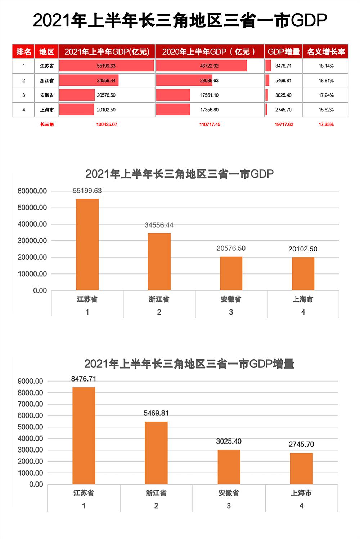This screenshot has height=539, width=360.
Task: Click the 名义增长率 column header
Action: click(x=326, y=52)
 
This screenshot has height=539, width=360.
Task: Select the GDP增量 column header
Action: click(x=284, y=52)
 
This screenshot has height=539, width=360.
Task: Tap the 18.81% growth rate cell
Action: click(x=326, y=81)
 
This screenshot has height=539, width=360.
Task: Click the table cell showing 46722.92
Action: click(x=209, y=66)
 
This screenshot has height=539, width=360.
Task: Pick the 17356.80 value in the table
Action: click(x=209, y=110)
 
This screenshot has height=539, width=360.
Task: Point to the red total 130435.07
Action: click(x=107, y=125)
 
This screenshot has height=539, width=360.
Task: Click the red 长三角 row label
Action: click(x=47, y=125)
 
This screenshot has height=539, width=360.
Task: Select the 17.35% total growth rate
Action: click(x=326, y=125)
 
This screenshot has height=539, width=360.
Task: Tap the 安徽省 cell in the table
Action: click(x=47, y=95)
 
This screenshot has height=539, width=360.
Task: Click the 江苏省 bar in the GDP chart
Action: click(x=87, y=245)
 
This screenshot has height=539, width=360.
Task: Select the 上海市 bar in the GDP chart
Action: click(x=303, y=274)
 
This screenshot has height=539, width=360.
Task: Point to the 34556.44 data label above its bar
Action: click(x=159, y=225)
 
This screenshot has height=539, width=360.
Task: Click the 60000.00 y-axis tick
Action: click(x=32, y=191)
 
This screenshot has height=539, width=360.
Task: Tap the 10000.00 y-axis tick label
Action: click(x=32, y=274)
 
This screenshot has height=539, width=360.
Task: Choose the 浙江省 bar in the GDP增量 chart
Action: click(x=156, y=453)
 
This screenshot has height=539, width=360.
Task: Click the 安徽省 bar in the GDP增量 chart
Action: click(x=229, y=467)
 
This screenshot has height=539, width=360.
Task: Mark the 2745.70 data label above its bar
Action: click(x=301, y=445)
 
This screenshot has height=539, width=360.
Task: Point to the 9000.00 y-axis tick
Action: click(x=30, y=381)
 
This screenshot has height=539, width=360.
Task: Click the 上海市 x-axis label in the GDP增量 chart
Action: click(x=301, y=493)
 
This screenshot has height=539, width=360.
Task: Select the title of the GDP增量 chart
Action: click(x=189, y=364)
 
